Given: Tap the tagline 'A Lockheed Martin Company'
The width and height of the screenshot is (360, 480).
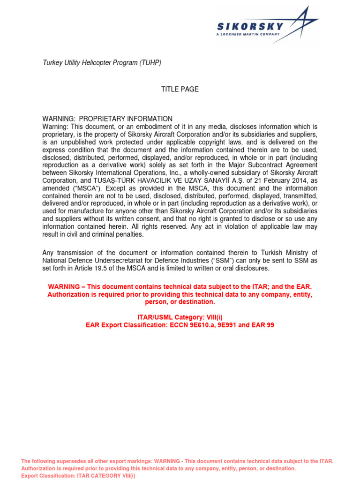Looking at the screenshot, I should coord(248,34).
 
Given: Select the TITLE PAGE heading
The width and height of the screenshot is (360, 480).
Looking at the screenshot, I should coord(180,89).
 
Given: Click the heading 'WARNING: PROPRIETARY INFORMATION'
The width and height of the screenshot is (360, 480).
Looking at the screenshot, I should coord(107,119).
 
